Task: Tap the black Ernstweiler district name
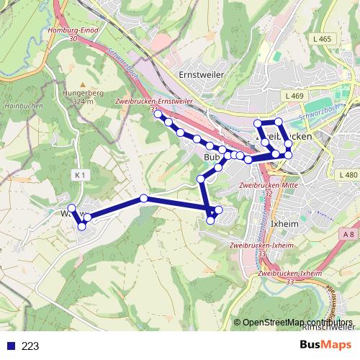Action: point(202,74)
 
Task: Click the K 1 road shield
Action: point(80,174)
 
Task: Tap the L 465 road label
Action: point(323,39)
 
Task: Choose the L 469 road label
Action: point(294,95)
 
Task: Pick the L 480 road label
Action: point(347,175)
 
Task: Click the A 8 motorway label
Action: point(349,235)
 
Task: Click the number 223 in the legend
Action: point(30,346)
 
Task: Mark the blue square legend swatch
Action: point(12,346)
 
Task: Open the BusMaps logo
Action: point(325,345)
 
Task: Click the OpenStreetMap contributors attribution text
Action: point(297,323)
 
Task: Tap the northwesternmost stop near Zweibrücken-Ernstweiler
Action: point(158,114)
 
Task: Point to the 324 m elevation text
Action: point(84,102)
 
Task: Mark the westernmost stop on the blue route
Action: point(71,208)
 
